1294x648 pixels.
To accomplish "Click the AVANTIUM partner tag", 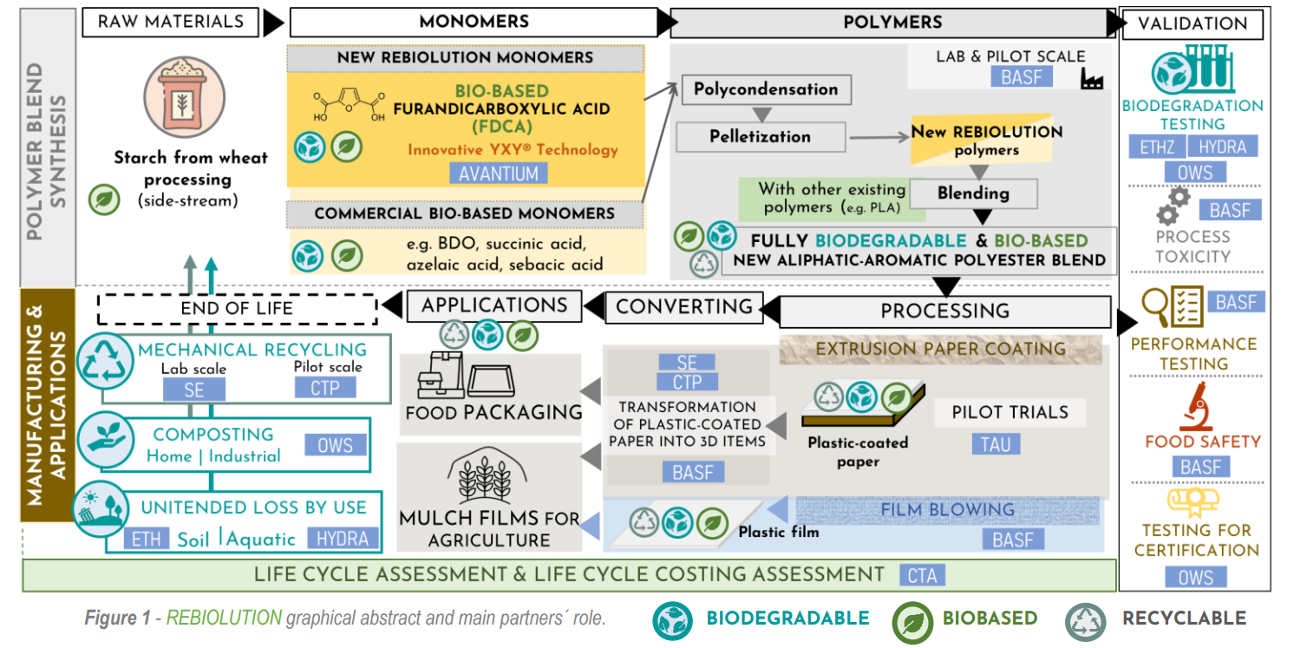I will [x=499, y=173].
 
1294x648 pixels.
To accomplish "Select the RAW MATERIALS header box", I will [x=171, y=22].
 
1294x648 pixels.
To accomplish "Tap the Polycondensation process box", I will [x=766, y=89].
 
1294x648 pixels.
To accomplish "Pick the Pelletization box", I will [x=760, y=136].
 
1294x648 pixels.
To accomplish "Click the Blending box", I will [x=973, y=193].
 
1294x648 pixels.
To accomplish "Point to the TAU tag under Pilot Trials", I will [x=996, y=444].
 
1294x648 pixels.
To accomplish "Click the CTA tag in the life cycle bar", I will [x=922, y=574].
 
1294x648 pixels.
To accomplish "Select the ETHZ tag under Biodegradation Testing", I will [x=1157, y=147].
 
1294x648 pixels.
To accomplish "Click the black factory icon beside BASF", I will [x=1092, y=79].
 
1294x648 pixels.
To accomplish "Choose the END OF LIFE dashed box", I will [x=236, y=308].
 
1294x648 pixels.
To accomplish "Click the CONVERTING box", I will [x=684, y=306].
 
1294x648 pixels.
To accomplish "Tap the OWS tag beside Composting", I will [x=335, y=445].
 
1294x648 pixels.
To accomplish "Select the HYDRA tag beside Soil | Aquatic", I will [x=343, y=538].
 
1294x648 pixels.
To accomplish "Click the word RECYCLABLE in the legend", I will [x=1184, y=619].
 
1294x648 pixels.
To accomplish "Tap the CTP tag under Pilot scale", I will [x=325, y=388].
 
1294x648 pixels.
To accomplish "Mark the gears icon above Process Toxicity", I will [x=1173, y=206].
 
